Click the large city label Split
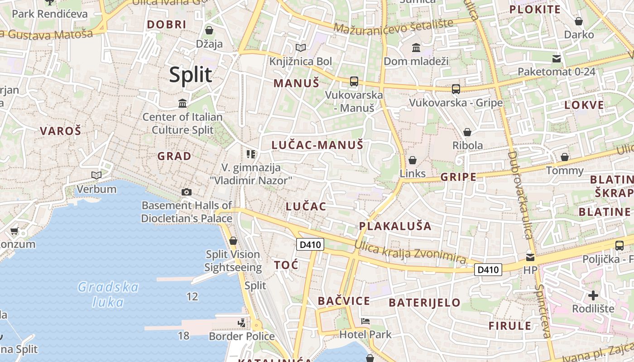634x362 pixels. click(191, 75)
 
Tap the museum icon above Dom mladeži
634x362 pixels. click(416, 48)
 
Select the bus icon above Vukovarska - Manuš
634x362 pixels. click(354, 81)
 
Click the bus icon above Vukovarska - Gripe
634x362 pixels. click(456, 89)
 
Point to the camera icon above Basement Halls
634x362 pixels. click(186, 192)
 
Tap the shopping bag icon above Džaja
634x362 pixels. click(209, 30)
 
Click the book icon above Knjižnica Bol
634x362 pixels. click(301, 48)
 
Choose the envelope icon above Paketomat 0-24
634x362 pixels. click(556, 58)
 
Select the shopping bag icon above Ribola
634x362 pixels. click(467, 132)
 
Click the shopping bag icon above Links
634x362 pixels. click(412, 160)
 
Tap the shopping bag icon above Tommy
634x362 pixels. click(564, 157)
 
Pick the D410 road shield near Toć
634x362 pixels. click(310, 245)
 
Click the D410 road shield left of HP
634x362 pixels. click(488, 270)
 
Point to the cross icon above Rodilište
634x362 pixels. click(593, 296)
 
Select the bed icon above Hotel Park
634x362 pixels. click(365, 322)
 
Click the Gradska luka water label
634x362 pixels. click(108, 294)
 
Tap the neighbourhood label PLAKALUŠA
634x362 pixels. click(395, 226)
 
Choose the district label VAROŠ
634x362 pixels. click(60, 131)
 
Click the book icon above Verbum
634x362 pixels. click(96, 175)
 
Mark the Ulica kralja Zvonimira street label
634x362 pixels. click(410, 252)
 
